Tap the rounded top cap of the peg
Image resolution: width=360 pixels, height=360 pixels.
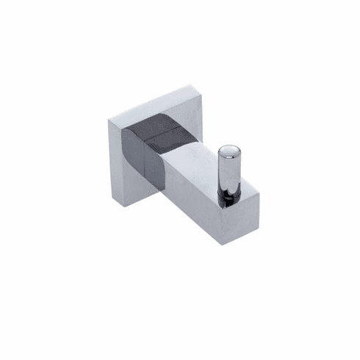(228, 152)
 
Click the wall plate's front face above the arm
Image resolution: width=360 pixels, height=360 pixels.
(147, 110)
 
